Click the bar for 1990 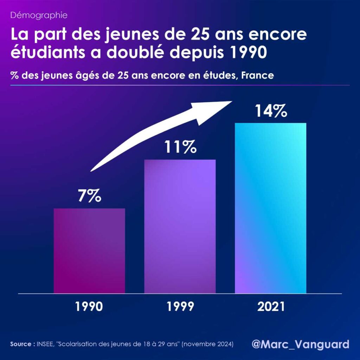click(89, 251)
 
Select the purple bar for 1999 click(180, 226)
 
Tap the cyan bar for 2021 click(270, 208)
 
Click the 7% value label click(89, 196)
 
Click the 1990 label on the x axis click(89, 307)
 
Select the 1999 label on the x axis click(180, 307)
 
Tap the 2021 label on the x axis click(271, 307)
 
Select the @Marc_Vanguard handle click(301, 343)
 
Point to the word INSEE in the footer click(45, 344)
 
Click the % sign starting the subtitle click(14, 76)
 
